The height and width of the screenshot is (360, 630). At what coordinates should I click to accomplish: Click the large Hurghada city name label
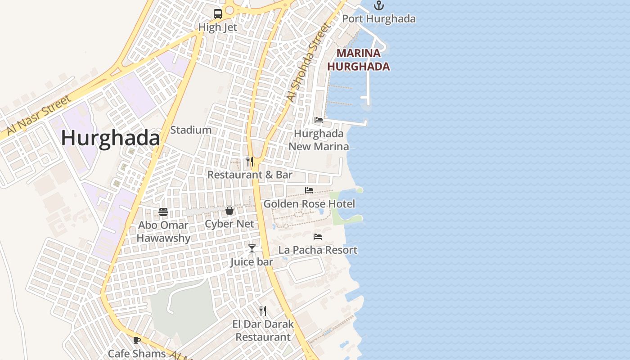click(x=110, y=138)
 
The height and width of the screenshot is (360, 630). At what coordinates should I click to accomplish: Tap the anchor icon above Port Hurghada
click(x=379, y=5)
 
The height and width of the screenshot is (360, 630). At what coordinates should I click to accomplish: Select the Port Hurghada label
click(x=379, y=19)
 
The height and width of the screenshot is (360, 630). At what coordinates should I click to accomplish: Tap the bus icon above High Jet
click(x=218, y=13)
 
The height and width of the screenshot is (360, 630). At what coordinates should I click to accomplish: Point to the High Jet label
click(x=218, y=27)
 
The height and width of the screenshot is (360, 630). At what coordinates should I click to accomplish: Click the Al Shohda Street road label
click(x=309, y=63)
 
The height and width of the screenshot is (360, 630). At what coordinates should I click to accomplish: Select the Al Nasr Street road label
click(x=36, y=115)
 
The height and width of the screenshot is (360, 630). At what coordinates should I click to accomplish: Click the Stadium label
click(x=191, y=130)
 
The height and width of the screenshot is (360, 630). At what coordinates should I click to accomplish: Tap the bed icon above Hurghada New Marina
click(x=319, y=120)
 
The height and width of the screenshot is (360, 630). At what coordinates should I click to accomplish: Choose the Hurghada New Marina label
click(x=319, y=140)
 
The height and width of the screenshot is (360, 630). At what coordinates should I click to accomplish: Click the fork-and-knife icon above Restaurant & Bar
click(x=250, y=162)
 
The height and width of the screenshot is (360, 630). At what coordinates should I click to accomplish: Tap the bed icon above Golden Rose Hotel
click(x=309, y=190)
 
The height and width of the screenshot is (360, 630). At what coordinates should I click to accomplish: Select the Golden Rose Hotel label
click(x=309, y=204)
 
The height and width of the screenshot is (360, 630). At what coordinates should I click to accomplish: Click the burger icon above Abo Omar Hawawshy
click(x=163, y=212)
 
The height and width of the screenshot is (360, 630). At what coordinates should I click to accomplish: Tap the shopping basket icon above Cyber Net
click(x=229, y=211)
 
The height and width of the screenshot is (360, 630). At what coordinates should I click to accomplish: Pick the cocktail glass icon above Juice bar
click(x=252, y=248)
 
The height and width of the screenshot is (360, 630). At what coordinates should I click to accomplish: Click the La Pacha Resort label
click(x=318, y=250)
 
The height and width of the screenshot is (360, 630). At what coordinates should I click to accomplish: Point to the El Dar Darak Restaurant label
click(x=263, y=330)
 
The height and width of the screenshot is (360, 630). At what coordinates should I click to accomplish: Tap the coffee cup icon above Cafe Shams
click(x=137, y=340)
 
